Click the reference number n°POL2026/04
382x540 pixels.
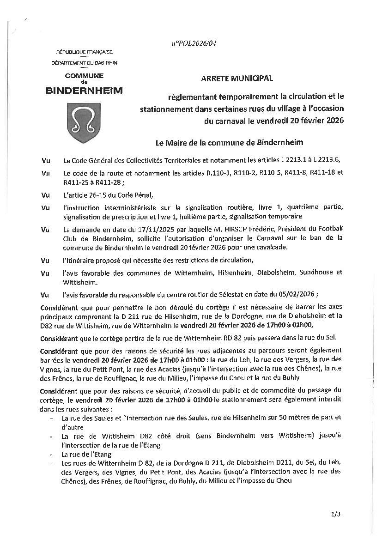(194, 43)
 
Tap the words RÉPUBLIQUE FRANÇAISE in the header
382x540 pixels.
(85, 52)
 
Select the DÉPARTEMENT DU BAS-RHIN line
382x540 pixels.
(84, 62)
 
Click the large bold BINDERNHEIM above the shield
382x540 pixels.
(85, 91)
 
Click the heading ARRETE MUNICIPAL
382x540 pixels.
(237, 79)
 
